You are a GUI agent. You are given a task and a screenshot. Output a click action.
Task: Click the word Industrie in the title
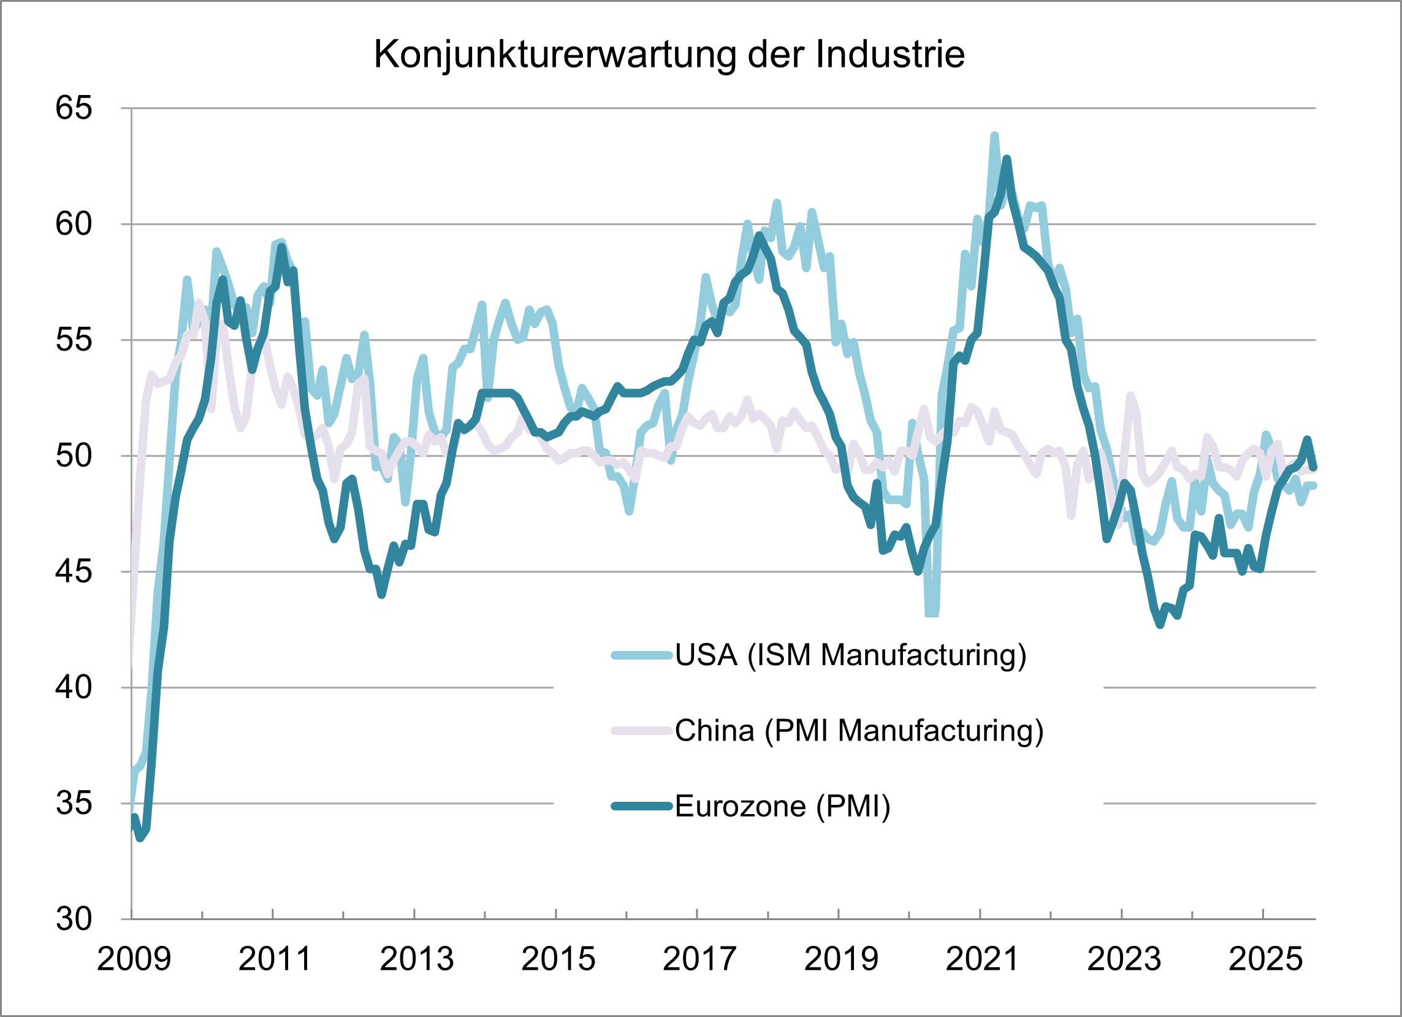click(x=890, y=55)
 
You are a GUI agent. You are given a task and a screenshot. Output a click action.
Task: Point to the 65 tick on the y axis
click(x=74, y=108)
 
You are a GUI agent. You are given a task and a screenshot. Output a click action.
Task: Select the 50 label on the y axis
click(x=74, y=456)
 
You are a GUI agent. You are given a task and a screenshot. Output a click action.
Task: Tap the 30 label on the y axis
click(x=74, y=920)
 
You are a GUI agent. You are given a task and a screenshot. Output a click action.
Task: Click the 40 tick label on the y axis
click(x=74, y=687)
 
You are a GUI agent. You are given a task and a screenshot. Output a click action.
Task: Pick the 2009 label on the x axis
click(x=134, y=959)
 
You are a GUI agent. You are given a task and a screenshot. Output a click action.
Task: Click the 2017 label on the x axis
click(x=699, y=959)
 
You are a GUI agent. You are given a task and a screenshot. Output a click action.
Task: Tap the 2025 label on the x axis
click(x=1265, y=959)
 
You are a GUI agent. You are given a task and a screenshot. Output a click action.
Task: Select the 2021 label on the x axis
click(x=982, y=959)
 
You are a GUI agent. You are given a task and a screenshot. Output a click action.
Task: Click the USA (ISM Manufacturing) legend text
click(x=851, y=655)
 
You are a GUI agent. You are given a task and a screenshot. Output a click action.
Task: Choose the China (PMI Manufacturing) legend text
click(x=859, y=731)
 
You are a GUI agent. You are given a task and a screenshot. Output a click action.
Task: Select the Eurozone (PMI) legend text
click(x=783, y=806)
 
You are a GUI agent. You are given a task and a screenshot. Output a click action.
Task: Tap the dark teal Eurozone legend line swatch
click(x=642, y=806)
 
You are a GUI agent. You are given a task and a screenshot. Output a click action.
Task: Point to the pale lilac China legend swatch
click(x=642, y=731)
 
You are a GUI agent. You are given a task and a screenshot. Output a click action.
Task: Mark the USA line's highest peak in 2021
click(x=994, y=135)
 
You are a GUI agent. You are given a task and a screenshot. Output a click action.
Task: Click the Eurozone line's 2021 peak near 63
click(x=1007, y=159)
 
